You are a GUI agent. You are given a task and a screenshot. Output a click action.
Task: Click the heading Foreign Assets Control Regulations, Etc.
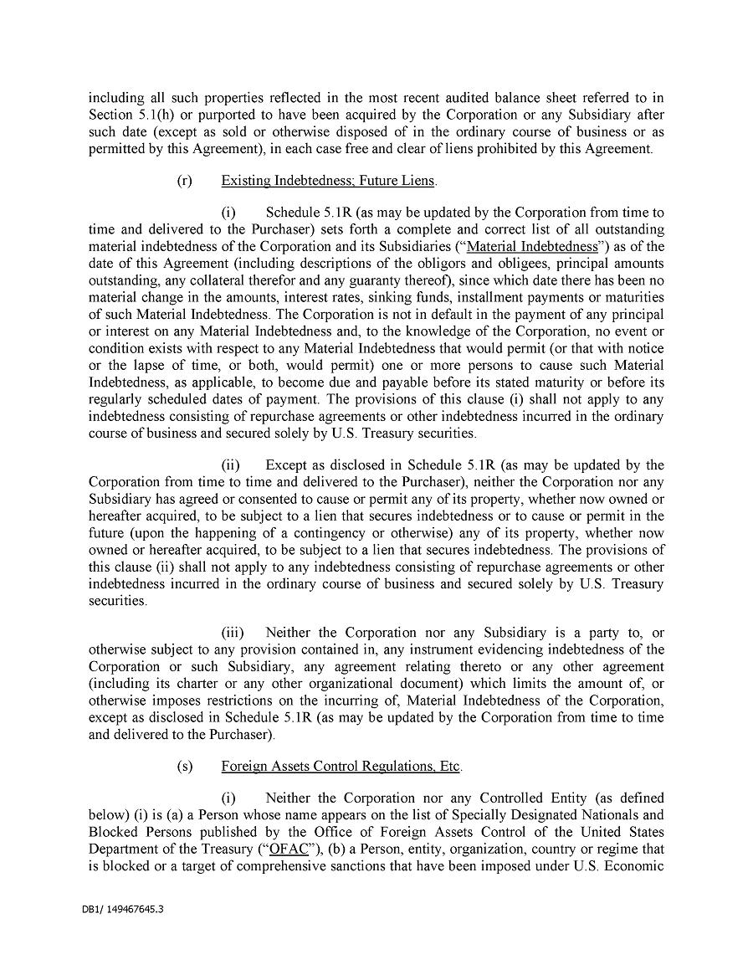(341, 766)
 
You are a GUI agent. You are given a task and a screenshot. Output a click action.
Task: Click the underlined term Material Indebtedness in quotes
(531, 246)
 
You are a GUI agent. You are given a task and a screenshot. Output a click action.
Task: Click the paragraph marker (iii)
(232, 633)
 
